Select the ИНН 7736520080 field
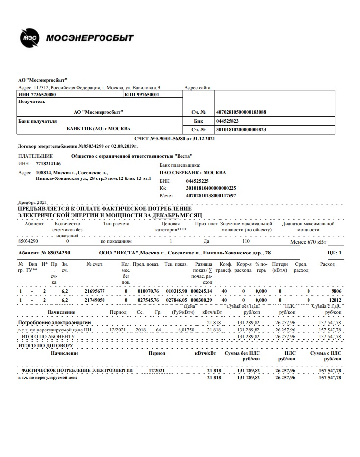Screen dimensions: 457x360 coord(37,94)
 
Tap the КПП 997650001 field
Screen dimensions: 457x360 coord(142,94)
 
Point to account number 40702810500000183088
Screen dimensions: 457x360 coord(241,112)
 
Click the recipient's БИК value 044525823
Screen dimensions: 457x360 coord(228,121)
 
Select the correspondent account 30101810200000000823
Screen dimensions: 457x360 coord(241,129)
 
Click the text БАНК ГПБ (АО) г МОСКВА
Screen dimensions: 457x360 coord(99,129)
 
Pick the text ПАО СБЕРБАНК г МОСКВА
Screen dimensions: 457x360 coord(193,172)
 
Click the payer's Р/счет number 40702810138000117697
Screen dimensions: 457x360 coord(211,195)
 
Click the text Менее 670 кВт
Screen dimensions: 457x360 coord(308,242)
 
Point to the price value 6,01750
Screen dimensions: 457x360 coord(186,330)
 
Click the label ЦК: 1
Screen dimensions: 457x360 coord(334,253)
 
